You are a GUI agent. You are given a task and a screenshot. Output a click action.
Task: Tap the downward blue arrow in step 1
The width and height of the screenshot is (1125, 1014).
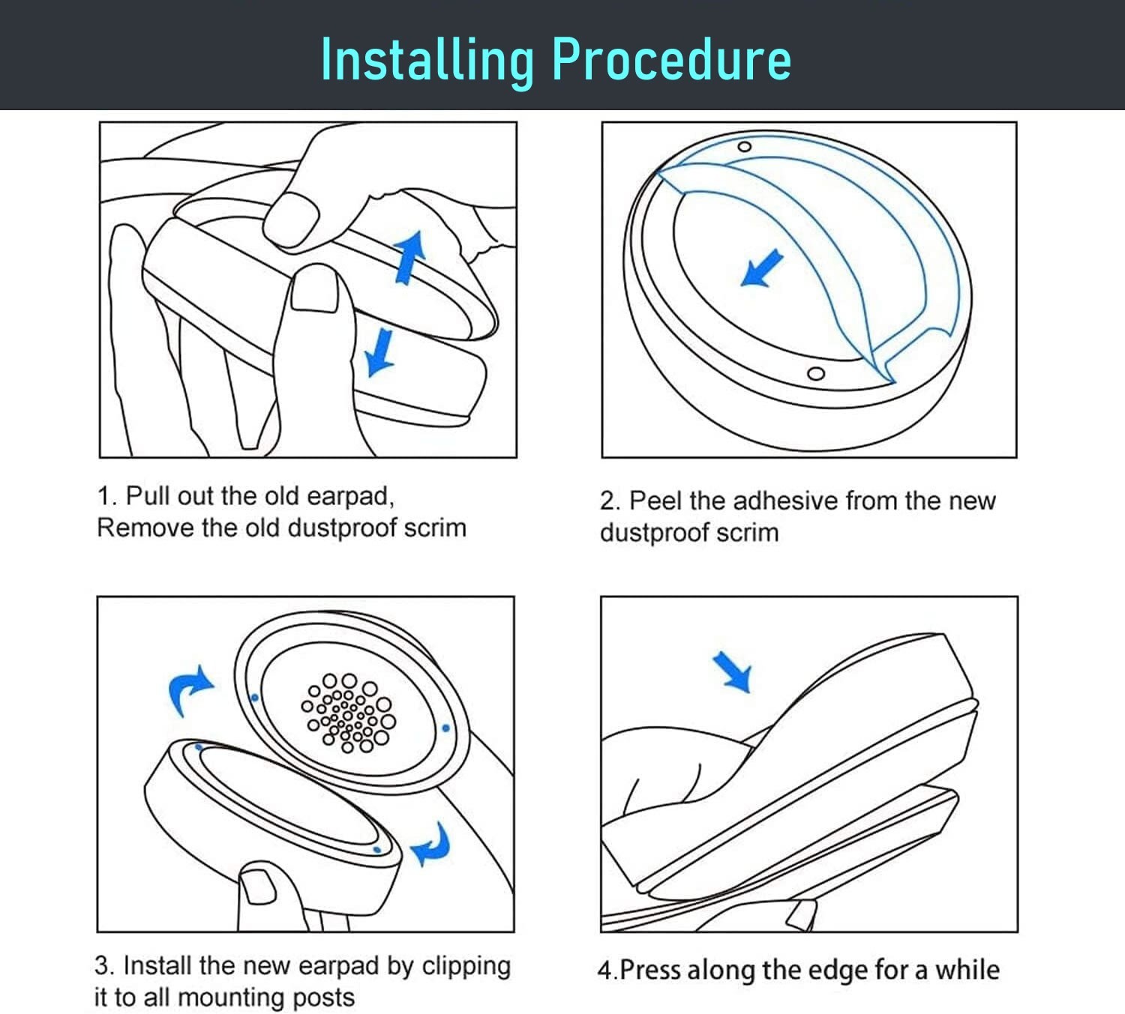tap(380, 351)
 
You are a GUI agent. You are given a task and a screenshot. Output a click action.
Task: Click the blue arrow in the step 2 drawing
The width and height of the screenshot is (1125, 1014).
tap(761, 268)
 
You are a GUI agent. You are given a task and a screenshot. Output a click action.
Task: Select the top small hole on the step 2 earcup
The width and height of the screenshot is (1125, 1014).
tap(744, 146)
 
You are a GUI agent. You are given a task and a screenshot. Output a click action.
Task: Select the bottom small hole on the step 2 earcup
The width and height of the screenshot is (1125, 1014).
tap(817, 373)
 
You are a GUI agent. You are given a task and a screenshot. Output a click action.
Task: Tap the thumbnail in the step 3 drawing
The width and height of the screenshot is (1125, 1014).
tap(256, 885)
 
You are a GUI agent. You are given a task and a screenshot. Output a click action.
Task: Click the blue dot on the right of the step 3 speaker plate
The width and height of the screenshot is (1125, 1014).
tap(446, 728)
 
